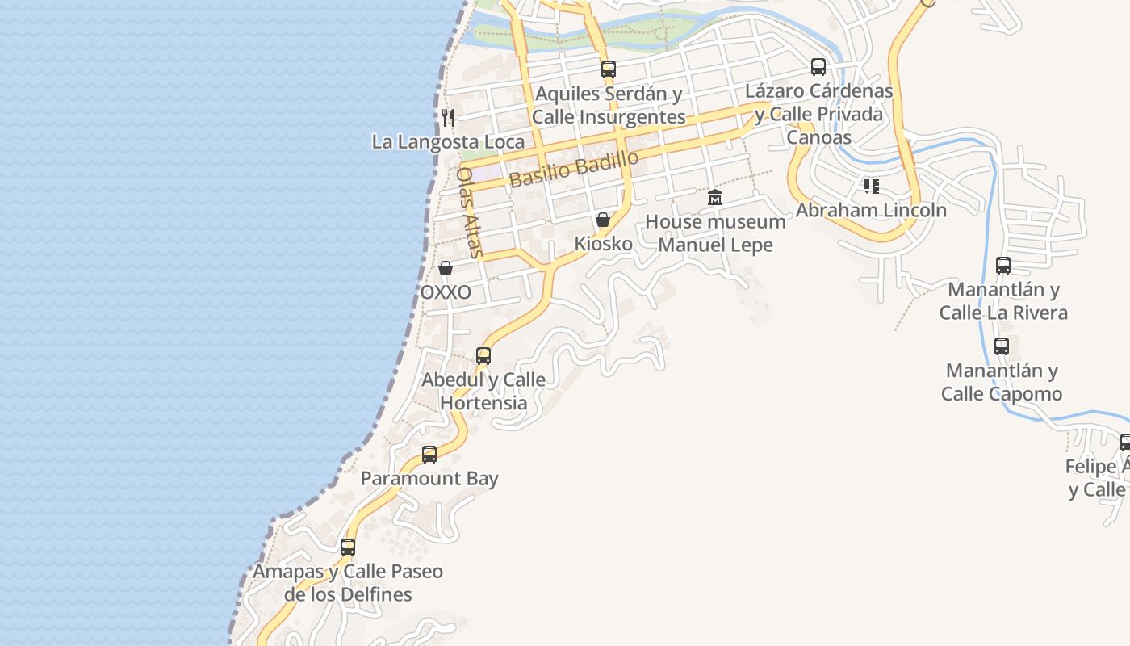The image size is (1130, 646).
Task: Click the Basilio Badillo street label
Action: (574, 169)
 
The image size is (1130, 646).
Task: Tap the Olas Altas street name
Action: (471, 212)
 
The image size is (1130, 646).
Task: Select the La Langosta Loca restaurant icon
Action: (448, 118)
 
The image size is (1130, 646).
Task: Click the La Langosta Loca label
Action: (448, 142)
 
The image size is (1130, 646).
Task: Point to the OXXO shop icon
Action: (446, 268)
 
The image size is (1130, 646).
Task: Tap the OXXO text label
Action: (446, 292)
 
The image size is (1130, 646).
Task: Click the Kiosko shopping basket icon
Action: (602, 220)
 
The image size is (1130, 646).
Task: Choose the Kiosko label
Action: (602, 243)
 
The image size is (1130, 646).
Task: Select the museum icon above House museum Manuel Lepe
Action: (715, 197)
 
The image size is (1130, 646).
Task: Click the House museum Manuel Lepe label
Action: (715, 233)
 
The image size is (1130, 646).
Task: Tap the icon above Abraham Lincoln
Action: (871, 187)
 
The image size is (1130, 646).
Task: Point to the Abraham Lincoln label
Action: (871, 210)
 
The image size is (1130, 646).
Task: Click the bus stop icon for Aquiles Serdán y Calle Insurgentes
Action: (609, 69)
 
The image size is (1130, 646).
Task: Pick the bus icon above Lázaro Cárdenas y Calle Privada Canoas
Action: (818, 67)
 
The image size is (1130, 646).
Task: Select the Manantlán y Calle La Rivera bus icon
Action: (1003, 266)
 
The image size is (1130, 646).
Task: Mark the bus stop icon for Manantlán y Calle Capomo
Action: (1002, 346)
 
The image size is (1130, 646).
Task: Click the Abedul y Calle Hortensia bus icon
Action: (483, 356)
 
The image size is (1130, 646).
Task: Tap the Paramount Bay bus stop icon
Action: (429, 455)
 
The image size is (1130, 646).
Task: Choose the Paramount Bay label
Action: (429, 478)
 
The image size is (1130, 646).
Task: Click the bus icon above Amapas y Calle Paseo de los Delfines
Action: (348, 547)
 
